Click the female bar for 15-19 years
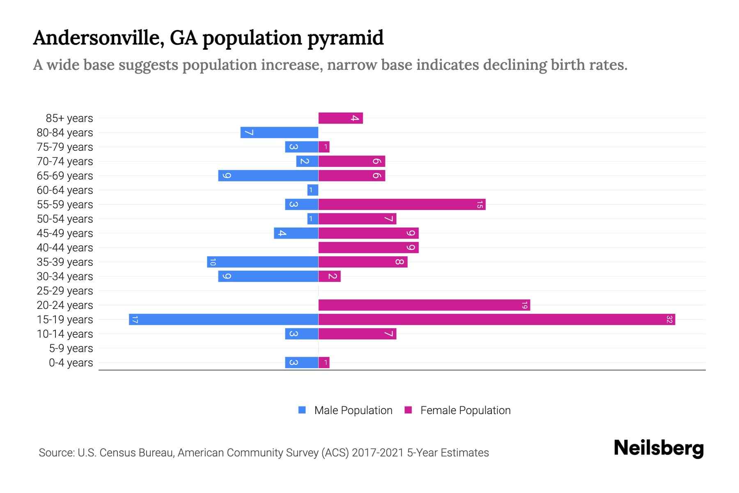tap(497, 319)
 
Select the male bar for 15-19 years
tap(224, 319)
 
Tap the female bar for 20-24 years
tap(424, 305)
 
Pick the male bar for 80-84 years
tap(279, 132)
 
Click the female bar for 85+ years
tap(341, 118)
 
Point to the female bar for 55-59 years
tap(402, 204)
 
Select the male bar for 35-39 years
tap(263, 262)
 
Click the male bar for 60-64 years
tap(313, 190)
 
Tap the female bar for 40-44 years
tap(368, 247)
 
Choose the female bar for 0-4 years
tap(324, 362)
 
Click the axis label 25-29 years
tap(65, 291)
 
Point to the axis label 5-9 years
tap(71, 348)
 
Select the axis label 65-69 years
tap(65, 176)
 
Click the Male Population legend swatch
tap(302, 410)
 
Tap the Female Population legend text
tap(465, 410)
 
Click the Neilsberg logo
tap(659, 448)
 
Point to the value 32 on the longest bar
tap(669, 319)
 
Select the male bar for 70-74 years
tap(307, 161)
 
